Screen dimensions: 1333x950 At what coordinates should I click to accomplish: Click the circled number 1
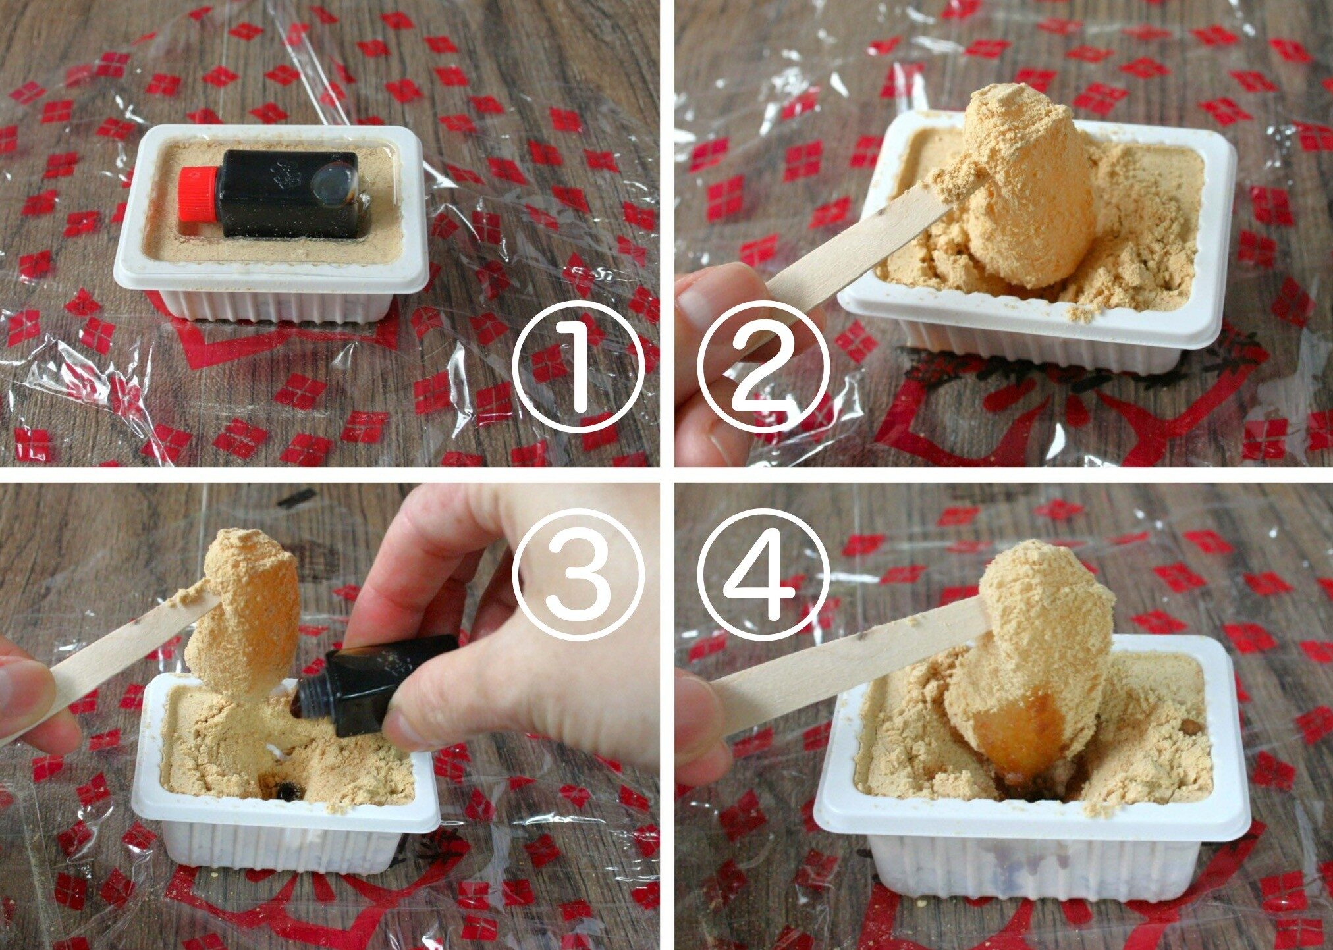tap(578, 367)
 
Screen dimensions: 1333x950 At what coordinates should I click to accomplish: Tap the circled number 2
tap(762, 367)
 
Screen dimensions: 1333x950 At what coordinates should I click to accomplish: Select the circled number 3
tap(578, 574)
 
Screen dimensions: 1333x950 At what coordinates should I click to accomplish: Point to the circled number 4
tap(762, 574)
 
